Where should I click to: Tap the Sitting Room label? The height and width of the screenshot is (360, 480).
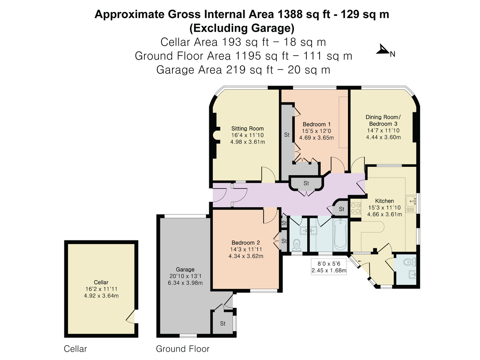point(248,128)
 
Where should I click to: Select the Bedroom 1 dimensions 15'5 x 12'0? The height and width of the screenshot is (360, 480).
point(316,131)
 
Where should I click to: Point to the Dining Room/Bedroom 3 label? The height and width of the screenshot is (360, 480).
point(383,120)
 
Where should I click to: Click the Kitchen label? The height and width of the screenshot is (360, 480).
point(384,201)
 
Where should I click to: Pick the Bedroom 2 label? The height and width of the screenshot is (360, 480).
point(246,243)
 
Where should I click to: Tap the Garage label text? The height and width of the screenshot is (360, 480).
point(185,270)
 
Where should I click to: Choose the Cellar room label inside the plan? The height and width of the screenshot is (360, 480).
point(101,282)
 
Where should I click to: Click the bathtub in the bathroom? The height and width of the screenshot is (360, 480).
point(340,234)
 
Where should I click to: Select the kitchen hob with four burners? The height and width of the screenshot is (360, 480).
point(356,208)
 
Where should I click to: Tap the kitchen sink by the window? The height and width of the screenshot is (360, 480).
point(411,201)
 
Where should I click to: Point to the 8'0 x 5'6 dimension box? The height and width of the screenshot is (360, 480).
point(329,267)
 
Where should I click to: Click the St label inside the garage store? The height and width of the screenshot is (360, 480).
point(223,323)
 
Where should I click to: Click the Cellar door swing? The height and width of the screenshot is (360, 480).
point(130,316)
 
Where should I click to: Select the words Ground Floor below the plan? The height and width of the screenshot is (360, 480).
point(182,349)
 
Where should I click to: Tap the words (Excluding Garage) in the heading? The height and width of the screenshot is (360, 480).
point(242,28)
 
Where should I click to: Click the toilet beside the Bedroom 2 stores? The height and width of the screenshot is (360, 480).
point(296,245)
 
